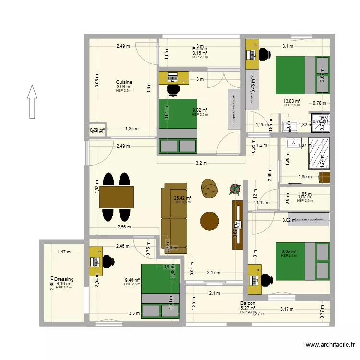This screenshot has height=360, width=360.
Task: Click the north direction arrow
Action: [32, 101]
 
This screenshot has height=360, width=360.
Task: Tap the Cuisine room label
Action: [124, 82]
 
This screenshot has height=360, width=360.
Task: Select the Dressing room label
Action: [64, 279]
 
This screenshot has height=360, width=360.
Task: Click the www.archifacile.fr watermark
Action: [330, 345]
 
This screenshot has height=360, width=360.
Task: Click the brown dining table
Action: [117, 197]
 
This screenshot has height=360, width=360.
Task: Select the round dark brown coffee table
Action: [209, 221]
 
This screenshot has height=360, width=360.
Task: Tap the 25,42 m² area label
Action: [182, 198]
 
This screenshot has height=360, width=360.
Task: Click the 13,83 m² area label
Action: [291, 101]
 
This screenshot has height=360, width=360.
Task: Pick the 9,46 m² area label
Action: [132, 280]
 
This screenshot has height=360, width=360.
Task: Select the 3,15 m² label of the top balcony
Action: [200, 53]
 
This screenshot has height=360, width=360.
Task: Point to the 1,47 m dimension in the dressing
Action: [63, 252]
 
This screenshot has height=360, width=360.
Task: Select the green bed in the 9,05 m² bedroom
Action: [302, 261]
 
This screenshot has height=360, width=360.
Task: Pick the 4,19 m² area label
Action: [64, 284]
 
